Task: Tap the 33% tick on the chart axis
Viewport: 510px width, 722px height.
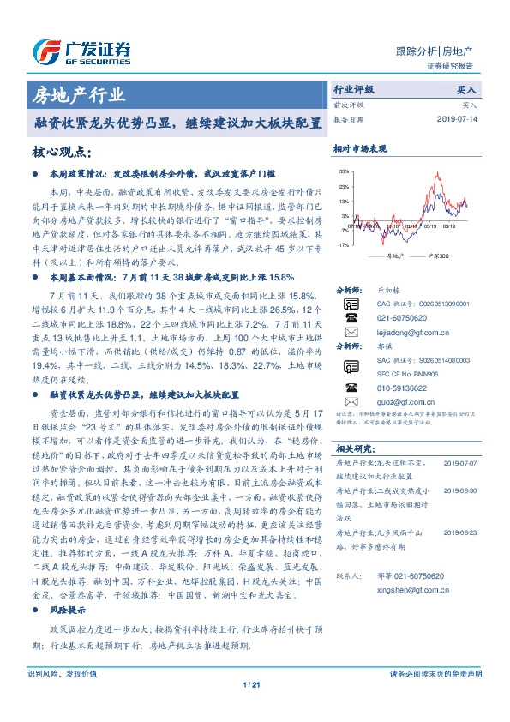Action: pos(344,172)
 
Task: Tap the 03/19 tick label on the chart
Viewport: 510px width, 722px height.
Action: pos(428,226)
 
